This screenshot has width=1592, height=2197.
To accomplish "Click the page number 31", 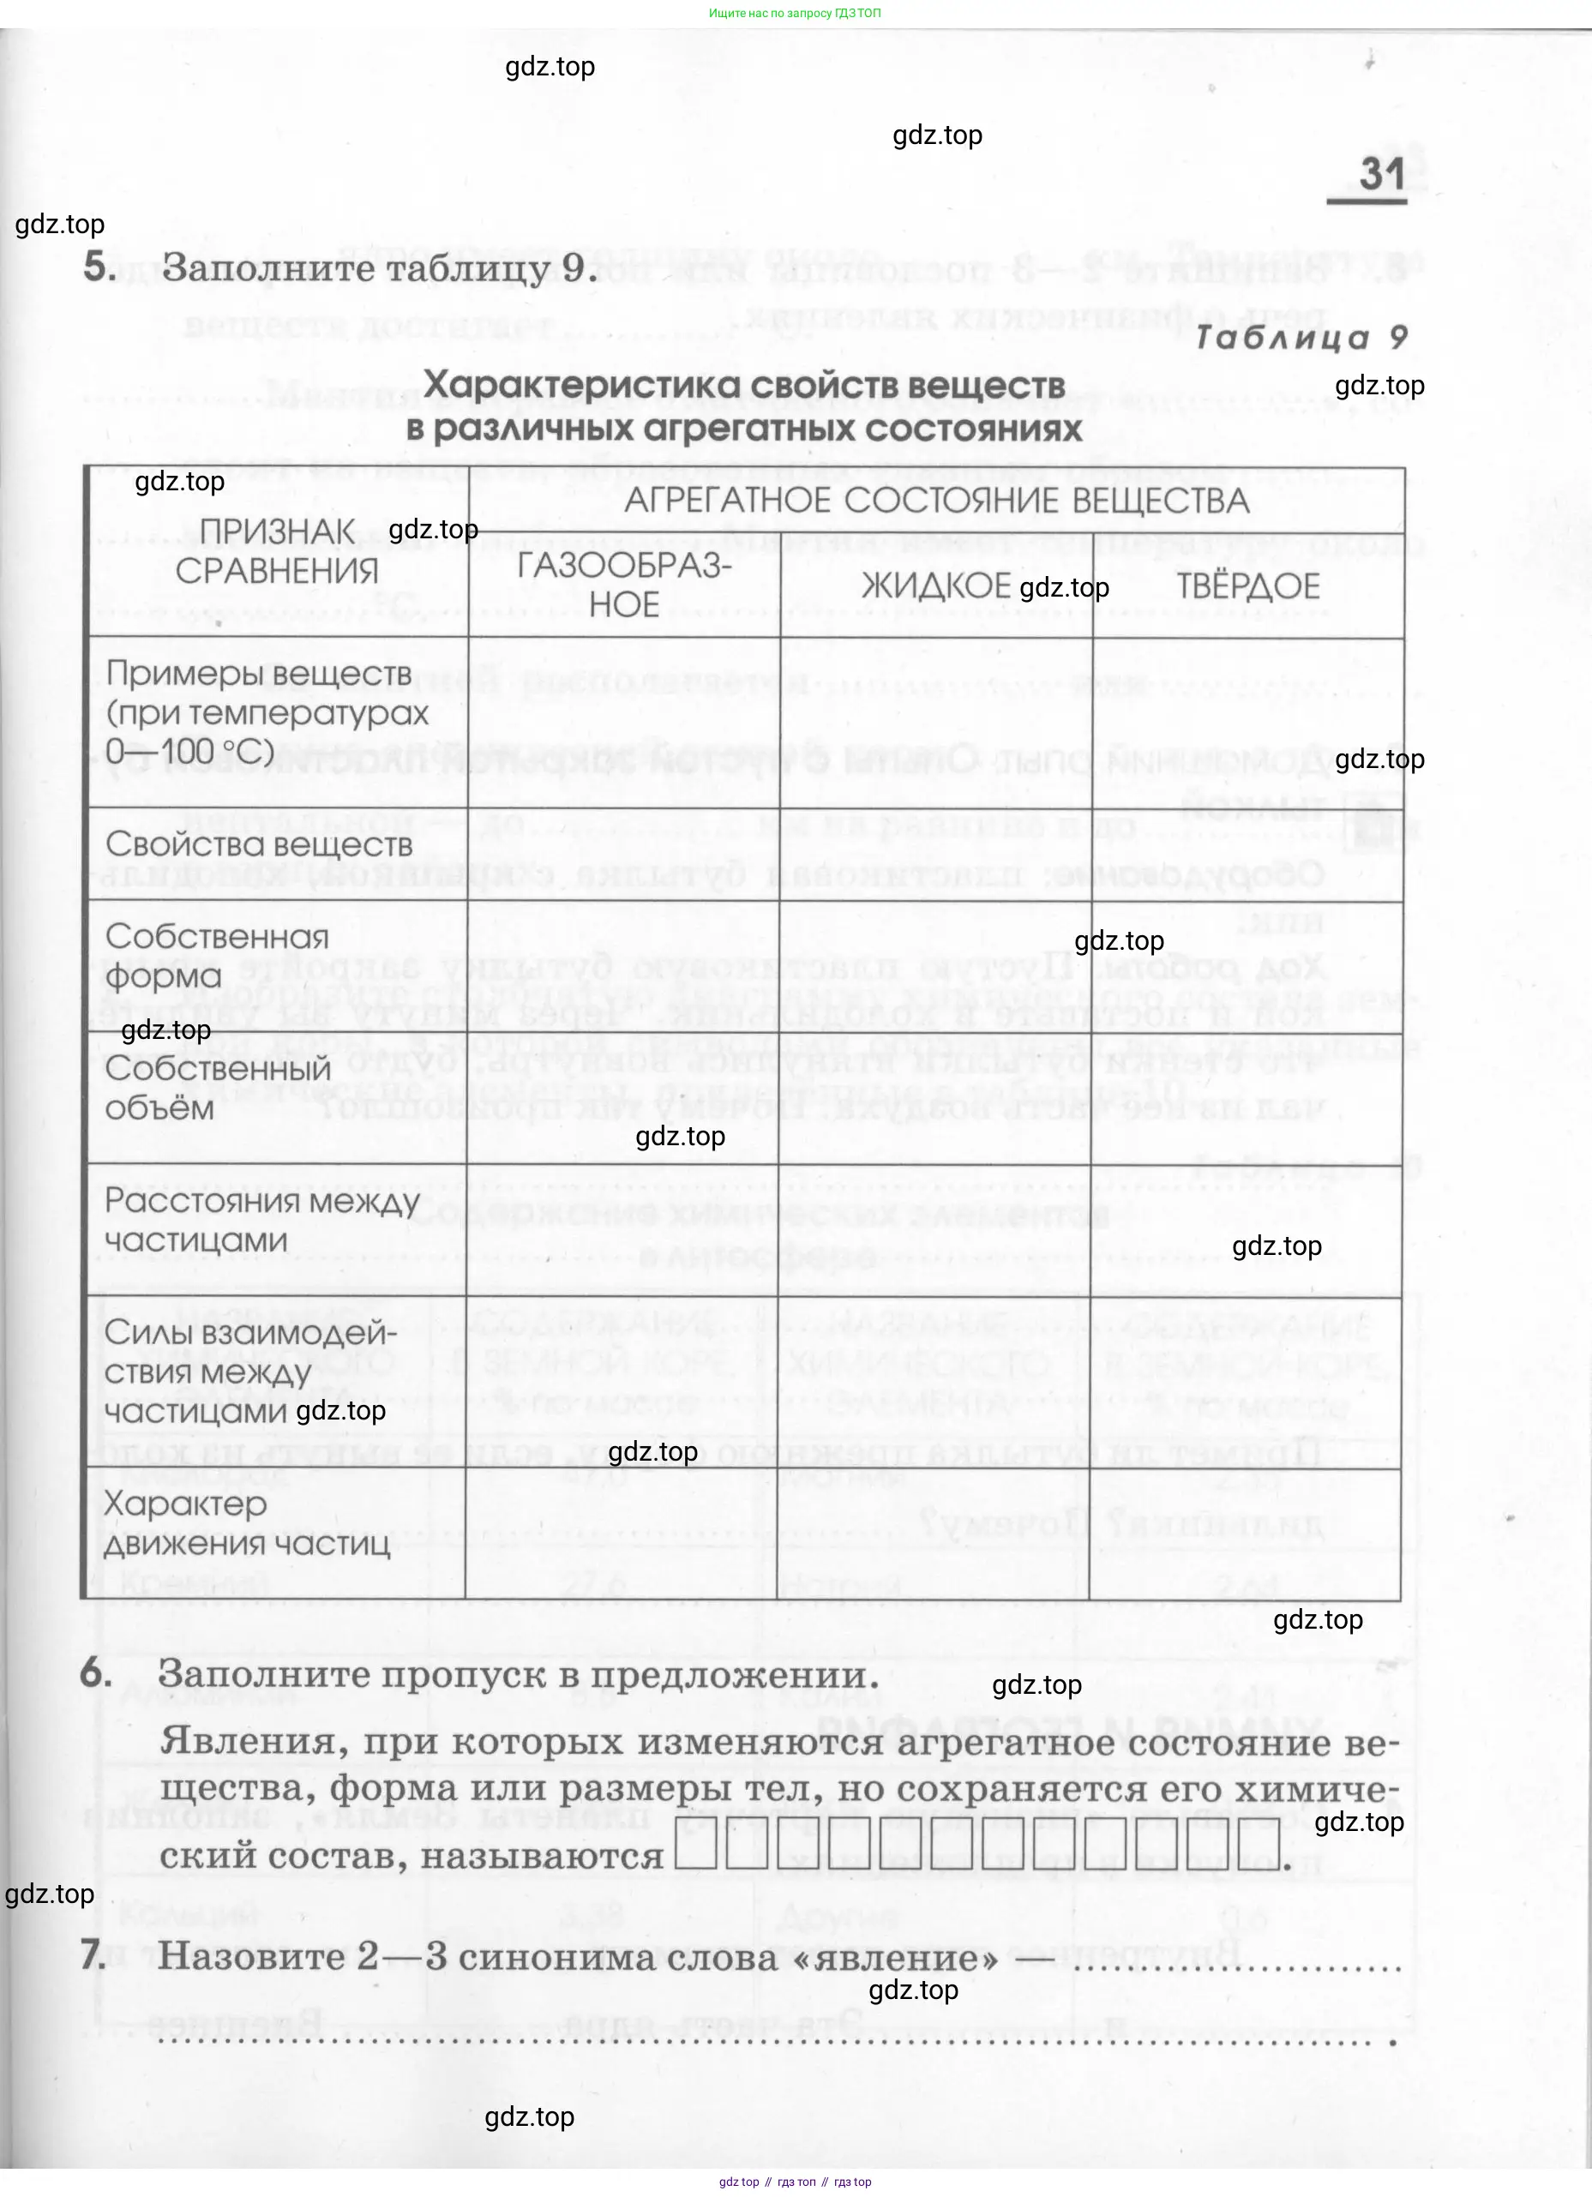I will [1381, 174].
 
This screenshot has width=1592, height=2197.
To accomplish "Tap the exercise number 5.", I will [99, 267].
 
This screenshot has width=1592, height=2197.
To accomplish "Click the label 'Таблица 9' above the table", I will [1301, 337].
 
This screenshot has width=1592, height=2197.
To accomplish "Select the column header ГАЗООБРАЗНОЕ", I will [624, 585].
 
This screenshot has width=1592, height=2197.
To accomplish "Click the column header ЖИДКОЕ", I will [935, 586].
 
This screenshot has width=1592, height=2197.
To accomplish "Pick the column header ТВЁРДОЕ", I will [1248, 586].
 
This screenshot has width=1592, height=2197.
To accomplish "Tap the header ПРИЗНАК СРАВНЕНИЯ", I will [277, 551].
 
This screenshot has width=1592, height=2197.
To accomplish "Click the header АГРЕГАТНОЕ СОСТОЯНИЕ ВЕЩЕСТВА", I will [936, 501].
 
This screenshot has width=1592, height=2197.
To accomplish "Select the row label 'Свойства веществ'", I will [259, 844].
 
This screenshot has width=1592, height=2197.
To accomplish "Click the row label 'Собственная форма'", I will [217, 956].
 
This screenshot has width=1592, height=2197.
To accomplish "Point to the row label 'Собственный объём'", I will [218, 1088].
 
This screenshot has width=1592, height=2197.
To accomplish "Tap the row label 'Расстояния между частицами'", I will [261, 1221].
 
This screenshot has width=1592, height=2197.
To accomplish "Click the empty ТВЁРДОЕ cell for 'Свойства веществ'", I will [1247, 855].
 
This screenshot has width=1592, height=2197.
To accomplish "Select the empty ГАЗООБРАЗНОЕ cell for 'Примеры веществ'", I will [624, 722].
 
